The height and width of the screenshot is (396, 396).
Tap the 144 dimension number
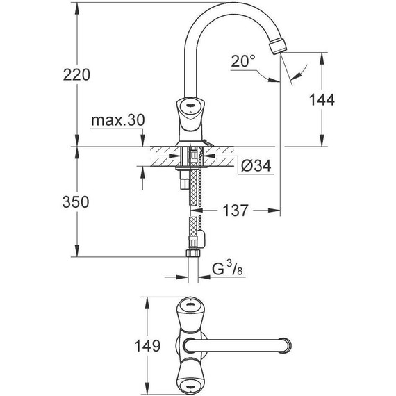tap(321, 99)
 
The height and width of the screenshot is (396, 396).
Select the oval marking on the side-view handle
tap(188, 104)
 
